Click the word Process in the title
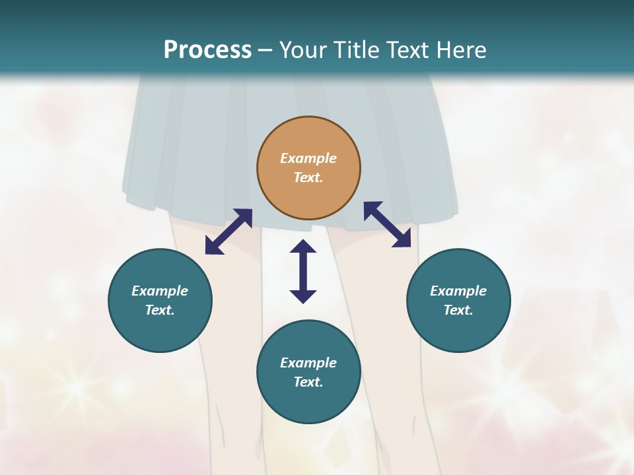point(207,50)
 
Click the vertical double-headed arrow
point(303,271)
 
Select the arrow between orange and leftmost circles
point(229,232)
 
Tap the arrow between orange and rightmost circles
point(388,225)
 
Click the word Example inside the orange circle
point(308,158)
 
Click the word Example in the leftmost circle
point(160,291)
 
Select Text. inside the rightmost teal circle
point(458,310)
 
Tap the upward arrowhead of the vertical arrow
point(303,247)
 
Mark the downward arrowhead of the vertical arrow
point(303,296)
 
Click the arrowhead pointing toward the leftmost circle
point(213,247)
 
